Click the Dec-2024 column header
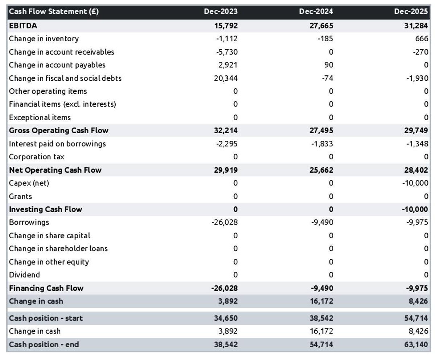click(x=316, y=12)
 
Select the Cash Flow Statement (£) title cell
click(x=54, y=12)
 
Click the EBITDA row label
click(x=23, y=26)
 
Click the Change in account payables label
click(x=57, y=65)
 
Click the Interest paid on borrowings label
click(x=57, y=144)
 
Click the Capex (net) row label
click(x=29, y=183)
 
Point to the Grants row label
click(x=20, y=196)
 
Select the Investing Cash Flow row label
click(x=45, y=209)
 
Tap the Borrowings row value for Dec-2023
click(x=224, y=222)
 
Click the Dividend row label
click(x=24, y=275)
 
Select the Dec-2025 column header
click(x=411, y=12)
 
